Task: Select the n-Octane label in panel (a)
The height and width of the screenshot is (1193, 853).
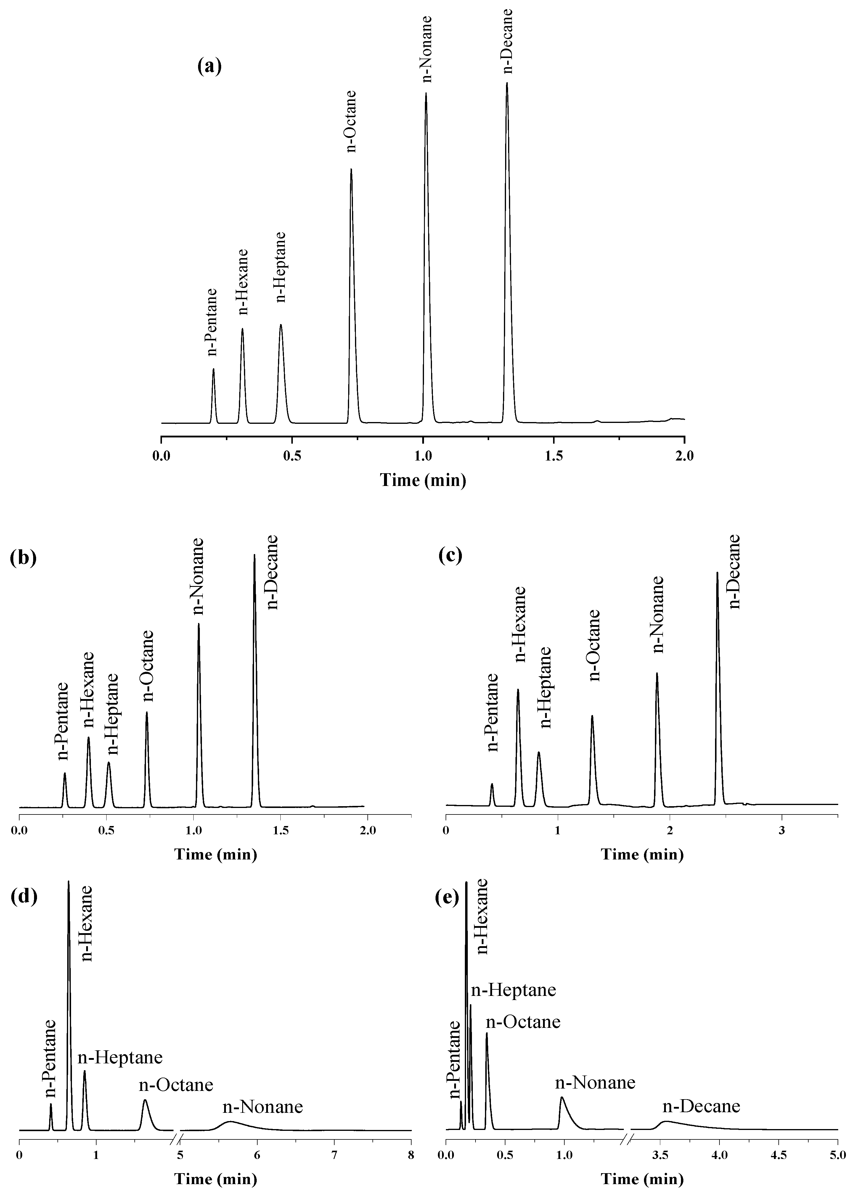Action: click(x=351, y=121)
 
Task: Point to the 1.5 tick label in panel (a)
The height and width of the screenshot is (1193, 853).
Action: click(x=554, y=456)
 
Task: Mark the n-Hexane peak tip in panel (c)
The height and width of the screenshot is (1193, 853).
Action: click(x=518, y=690)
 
